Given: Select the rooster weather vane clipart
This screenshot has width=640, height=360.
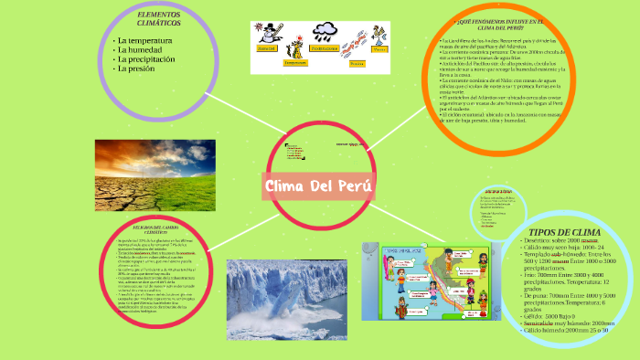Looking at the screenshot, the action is (378, 34).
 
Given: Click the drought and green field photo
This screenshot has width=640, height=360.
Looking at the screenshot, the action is (155, 175).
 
